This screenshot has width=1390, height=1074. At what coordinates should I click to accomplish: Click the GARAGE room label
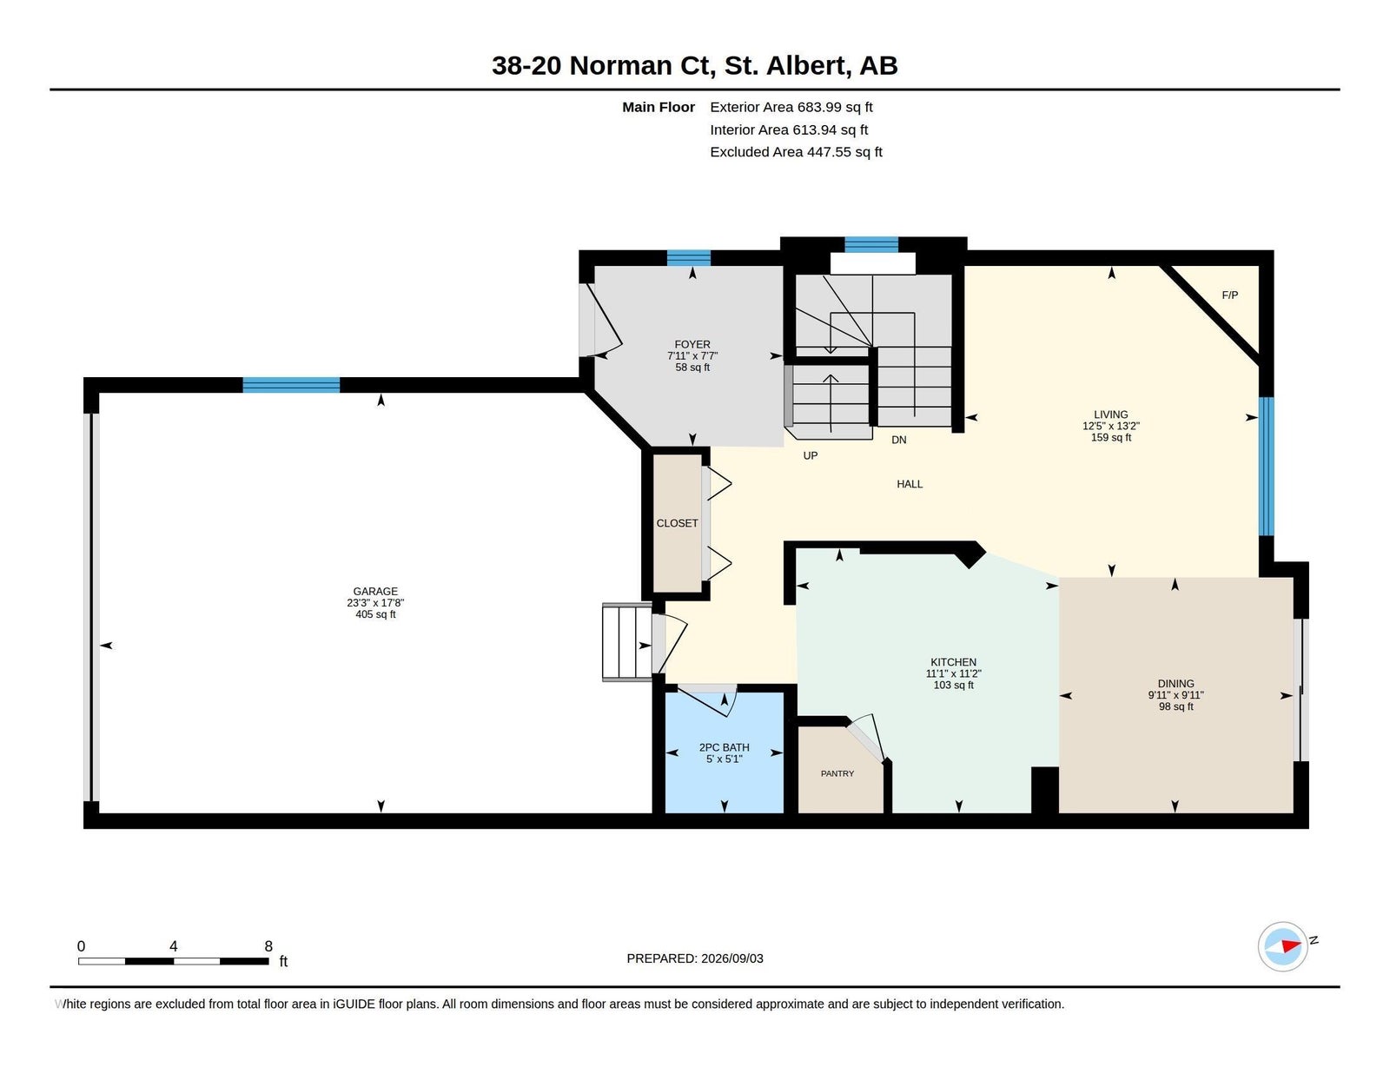point(375,591)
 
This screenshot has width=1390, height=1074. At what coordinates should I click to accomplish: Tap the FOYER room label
point(692,344)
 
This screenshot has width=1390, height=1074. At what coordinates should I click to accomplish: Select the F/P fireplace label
point(1229,295)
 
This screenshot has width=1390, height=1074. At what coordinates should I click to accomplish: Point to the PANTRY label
point(837,773)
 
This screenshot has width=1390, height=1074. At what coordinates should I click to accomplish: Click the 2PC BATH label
point(725,747)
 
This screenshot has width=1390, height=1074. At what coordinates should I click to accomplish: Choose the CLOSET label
point(677,523)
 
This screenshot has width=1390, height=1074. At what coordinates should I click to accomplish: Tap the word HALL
point(910,484)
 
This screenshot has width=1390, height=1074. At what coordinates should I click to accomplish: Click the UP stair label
point(811,455)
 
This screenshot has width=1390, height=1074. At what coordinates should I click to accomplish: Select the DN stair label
point(899,440)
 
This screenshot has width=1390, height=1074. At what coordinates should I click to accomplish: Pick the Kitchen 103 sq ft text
point(953,685)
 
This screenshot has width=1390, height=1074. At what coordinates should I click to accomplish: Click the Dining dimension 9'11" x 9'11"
point(1175,694)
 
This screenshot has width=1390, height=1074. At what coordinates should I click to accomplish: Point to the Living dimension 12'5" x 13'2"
point(1111,426)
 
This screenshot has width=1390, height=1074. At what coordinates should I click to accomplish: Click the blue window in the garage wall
point(291,385)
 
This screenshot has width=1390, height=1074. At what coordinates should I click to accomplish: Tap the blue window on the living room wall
point(1266,467)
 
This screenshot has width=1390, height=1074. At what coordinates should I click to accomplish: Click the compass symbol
point(1282,946)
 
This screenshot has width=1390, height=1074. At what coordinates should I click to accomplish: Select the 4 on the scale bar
point(174,946)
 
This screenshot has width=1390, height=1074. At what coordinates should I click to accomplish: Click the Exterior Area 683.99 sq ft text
point(791,107)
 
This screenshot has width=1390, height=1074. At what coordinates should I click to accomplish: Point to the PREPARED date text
point(695,958)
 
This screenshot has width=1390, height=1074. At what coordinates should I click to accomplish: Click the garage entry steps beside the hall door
point(627,641)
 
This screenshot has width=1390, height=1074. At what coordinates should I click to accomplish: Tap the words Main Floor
point(659,107)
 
